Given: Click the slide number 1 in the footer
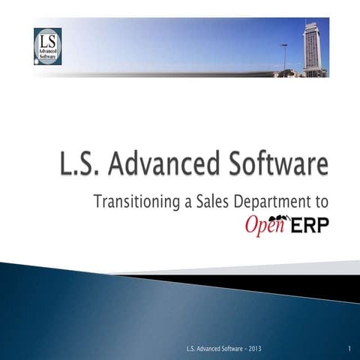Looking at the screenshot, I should [x=350, y=350].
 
